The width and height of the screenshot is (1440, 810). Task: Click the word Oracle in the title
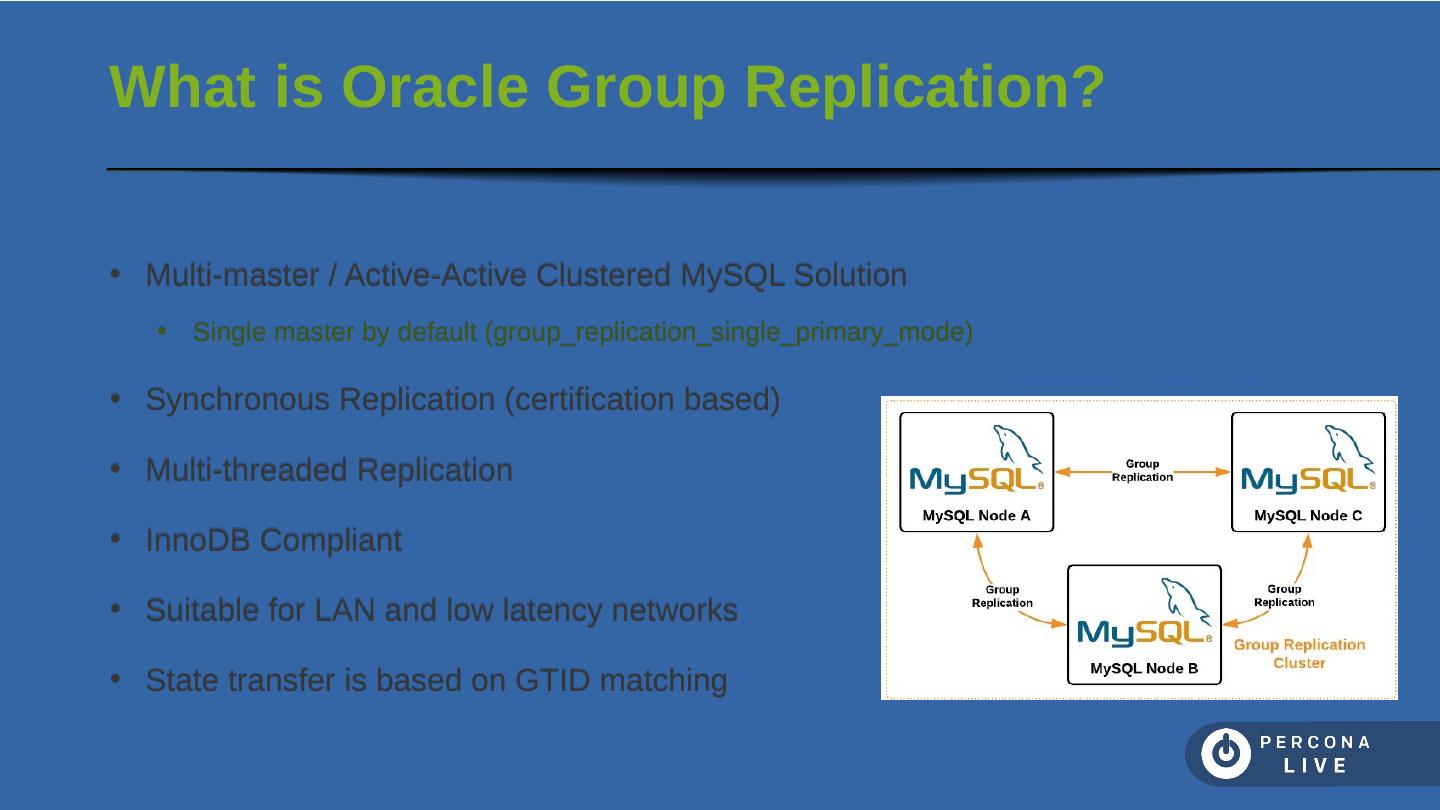click(x=434, y=87)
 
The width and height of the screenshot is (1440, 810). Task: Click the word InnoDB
click(x=198, y=541)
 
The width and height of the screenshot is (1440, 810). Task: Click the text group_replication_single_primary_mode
click(x=728, y=332)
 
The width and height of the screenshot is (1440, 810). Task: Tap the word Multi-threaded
click(x=246, y=470)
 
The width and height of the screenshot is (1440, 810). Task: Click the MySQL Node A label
click(x=976, y=516)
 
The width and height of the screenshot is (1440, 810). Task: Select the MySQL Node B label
click(x=1144, y=668)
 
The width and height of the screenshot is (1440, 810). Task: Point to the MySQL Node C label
click(x=1308, y=516)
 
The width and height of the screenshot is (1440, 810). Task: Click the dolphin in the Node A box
click(x=1016, y=447)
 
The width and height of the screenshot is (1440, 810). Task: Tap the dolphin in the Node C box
click(x=1348, y=447)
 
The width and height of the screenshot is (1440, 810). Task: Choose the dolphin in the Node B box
click(x=1184, y=600)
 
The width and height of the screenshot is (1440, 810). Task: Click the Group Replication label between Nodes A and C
click(x=1142, y=470)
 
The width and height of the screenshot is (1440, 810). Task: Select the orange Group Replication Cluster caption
click(x=1299, y=654)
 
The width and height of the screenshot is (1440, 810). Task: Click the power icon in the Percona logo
click(x=1225, y=754)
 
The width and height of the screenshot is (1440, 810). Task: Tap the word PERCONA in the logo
click(x=1315, y=743)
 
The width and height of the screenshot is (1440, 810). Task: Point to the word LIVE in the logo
click(x=1316, y=766)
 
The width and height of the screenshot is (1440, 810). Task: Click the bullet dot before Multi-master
click(x=115, y=274)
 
